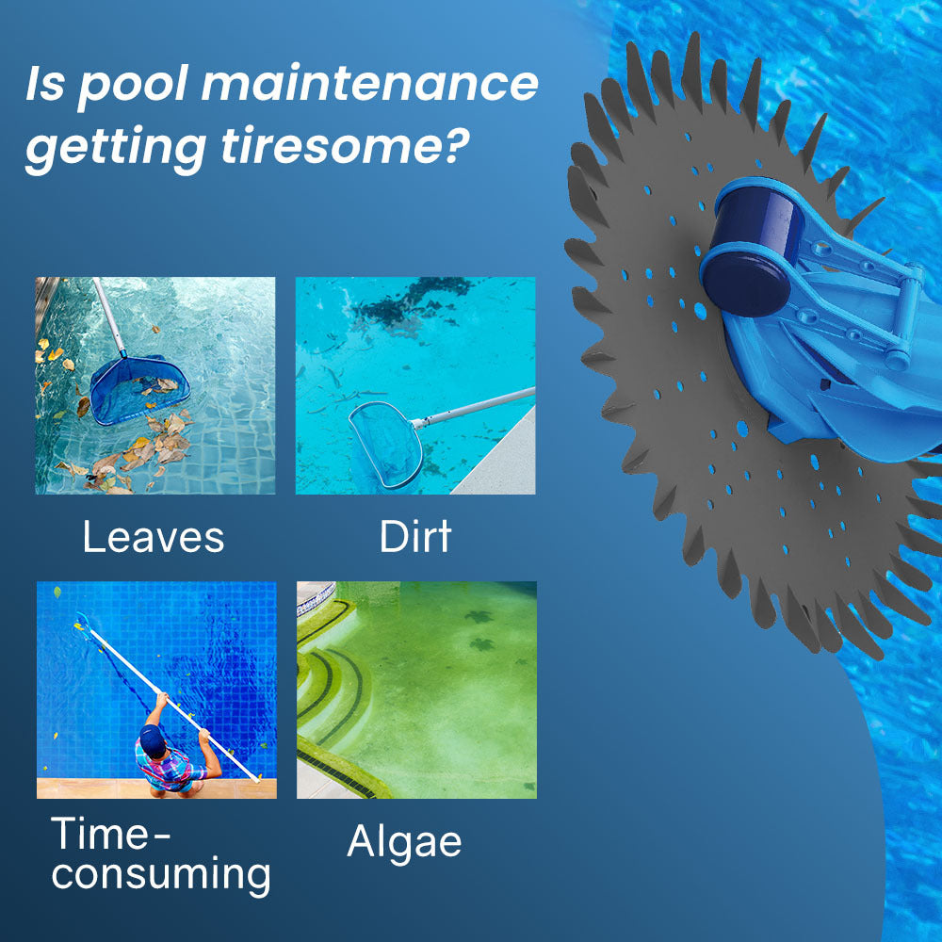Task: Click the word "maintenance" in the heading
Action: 369,85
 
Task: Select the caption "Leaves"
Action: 154,537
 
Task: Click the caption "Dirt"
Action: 415,536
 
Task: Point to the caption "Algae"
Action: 404,841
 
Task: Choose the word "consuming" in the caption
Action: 161,875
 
